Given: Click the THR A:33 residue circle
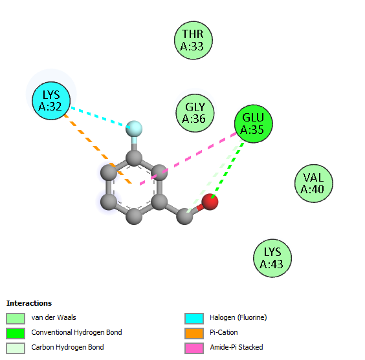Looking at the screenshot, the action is click(194, 40).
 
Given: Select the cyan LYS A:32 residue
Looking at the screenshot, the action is click(51, 101).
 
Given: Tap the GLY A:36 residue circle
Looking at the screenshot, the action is click(195, 113).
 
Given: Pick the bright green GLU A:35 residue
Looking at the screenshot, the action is click(253, 123).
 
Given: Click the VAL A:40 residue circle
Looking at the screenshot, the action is click(314, 184).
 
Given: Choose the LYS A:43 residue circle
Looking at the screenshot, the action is click(272, 258).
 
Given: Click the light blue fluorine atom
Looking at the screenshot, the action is click(134, 129).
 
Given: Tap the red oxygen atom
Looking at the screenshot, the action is click(210, 202).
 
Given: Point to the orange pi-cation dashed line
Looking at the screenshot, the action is click(98, 149).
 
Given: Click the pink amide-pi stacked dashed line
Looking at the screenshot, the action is click(188, 159).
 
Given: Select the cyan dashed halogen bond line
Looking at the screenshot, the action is click(100, 118).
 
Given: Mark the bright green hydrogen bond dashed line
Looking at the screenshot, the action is click(227, 170).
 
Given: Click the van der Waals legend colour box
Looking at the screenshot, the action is click(16, 319).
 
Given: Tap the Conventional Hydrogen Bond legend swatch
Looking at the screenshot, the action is click(16, 334).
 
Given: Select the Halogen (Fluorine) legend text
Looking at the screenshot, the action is click(238, 317).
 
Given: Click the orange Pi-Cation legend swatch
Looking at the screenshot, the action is click(194, 334).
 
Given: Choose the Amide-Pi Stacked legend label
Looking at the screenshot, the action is click(236, 347).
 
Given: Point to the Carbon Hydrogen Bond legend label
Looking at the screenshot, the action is click(67, 347).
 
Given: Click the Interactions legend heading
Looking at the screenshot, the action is click(29, 303).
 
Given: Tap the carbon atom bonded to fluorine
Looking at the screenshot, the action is click(134, 158).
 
